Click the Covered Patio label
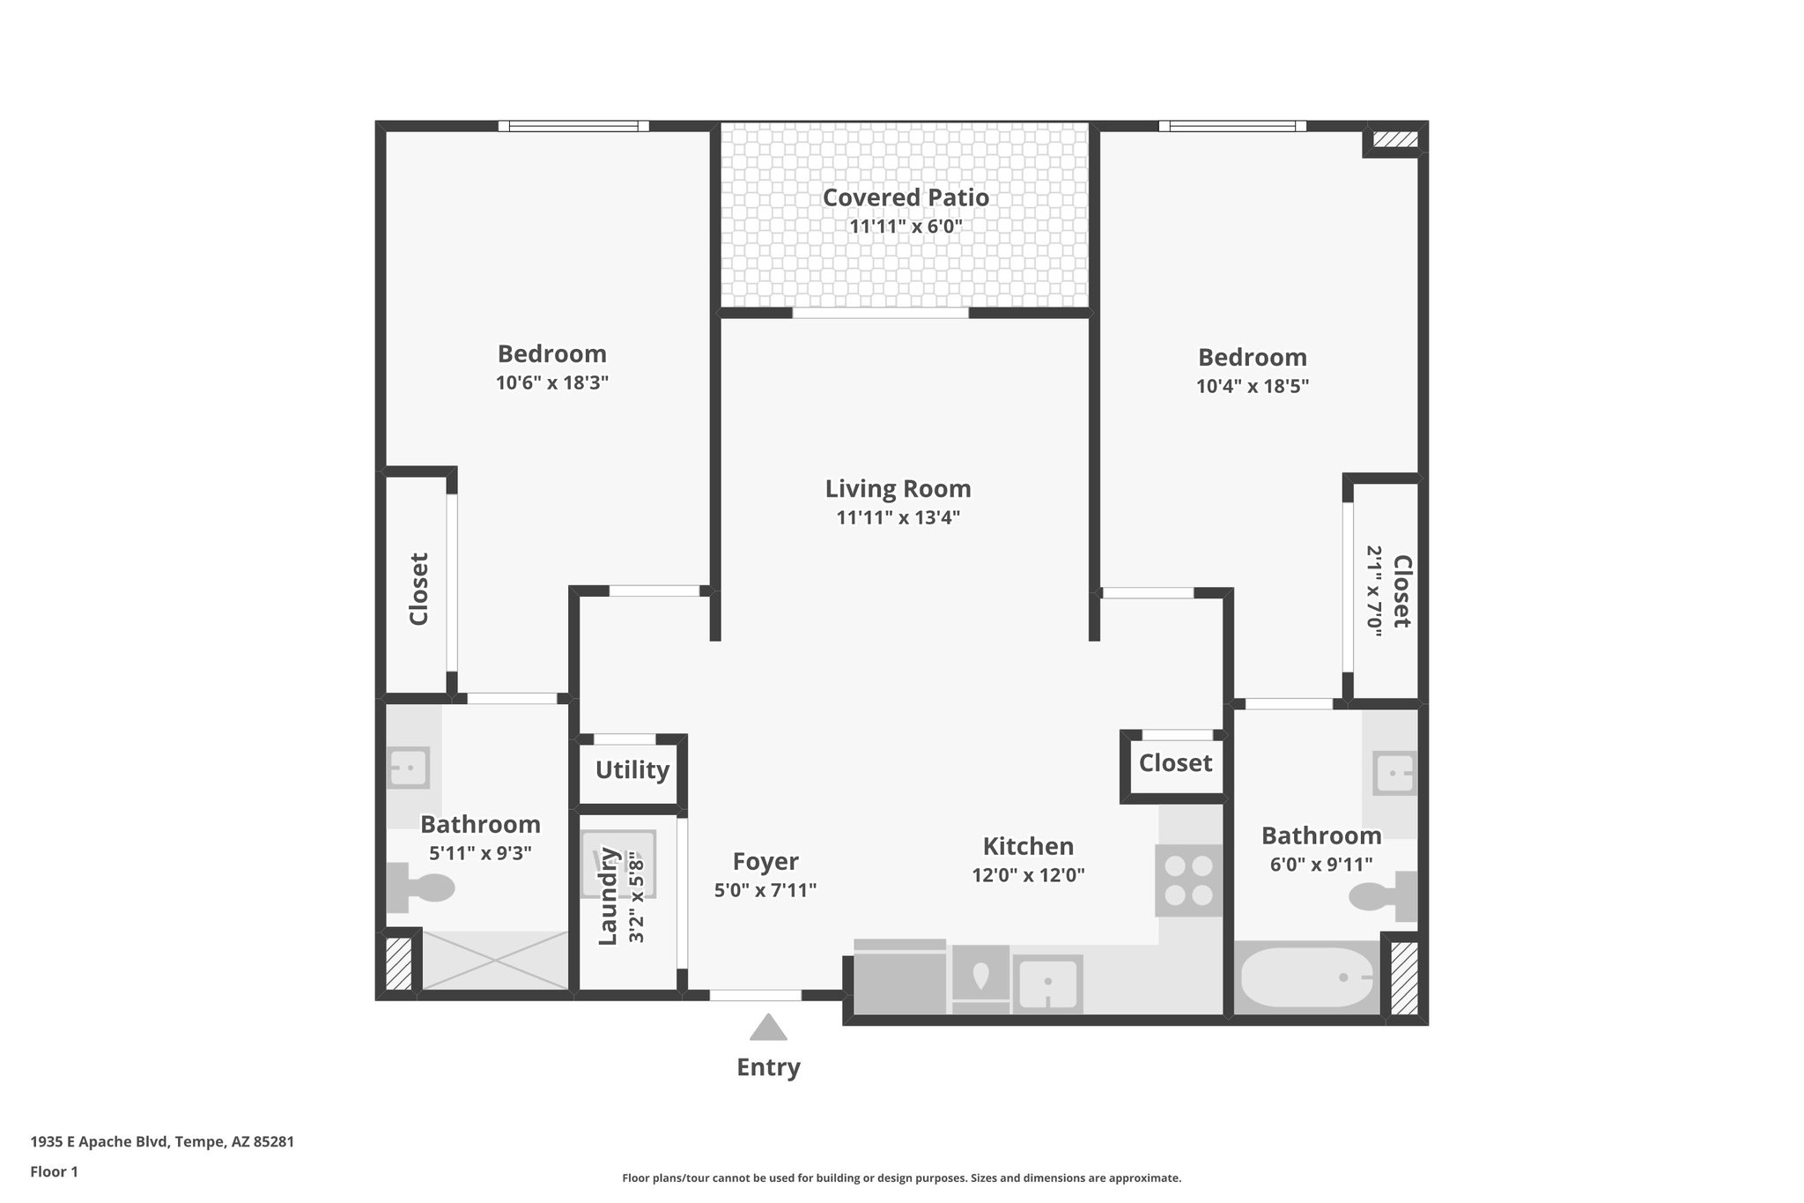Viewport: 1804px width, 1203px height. pos(905,197)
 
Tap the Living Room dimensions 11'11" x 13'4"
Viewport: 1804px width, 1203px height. pos(897,517)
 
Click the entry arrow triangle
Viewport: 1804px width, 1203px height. pos(768,1028)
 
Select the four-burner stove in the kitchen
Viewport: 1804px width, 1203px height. pos(1188,880)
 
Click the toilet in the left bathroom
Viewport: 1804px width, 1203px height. pos(419,887)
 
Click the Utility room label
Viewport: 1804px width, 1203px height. pos(632,770)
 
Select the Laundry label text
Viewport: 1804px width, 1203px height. pos(607,895)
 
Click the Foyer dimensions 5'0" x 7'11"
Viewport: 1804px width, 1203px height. pos(765,890)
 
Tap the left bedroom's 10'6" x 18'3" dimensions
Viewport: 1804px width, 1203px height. pos(551,382)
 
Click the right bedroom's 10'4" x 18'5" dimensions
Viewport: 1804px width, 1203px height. pos(1252,386)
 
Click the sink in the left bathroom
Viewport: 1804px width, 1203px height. pos(409,768)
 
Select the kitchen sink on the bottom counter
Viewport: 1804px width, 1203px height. pos(1047,983)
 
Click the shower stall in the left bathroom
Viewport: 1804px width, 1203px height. pos(496,960)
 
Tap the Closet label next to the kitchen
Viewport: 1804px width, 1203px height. pos(1175,762)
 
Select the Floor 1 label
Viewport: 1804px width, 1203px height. pos(54,1171)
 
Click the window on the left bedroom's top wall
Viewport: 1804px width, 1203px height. pos(573,126)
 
